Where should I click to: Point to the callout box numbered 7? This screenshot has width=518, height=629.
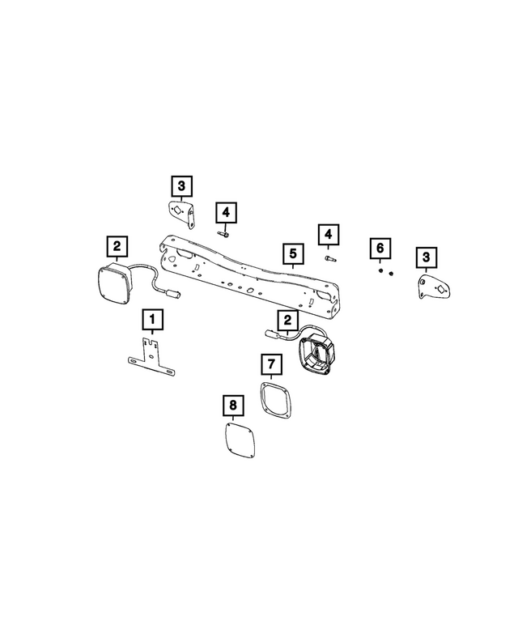point(271,365)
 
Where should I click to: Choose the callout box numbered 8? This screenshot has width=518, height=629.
point(232,403)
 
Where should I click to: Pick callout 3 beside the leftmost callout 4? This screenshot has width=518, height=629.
point(181,185)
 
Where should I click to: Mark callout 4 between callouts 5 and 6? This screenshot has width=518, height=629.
point(327,235)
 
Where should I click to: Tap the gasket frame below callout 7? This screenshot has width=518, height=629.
point(274,399)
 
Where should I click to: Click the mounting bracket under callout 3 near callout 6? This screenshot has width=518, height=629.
point(433,289)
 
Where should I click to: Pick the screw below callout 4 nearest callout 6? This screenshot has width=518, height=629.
point(328,259)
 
